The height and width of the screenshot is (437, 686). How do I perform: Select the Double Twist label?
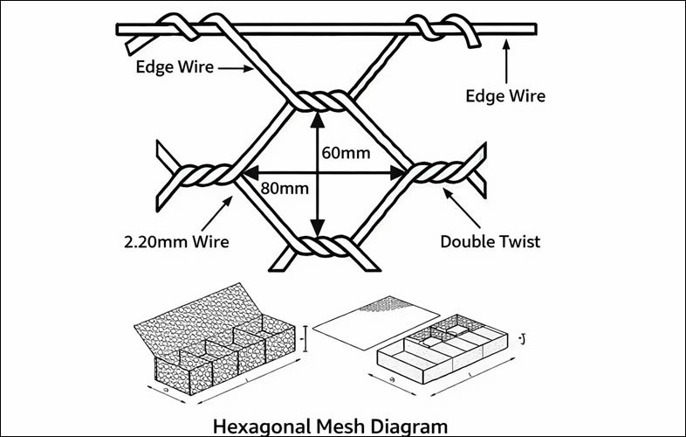pyautogui.click(x=490, y=241)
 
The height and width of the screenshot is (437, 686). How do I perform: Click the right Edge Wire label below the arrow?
pyautogui.click(x=507, y=94)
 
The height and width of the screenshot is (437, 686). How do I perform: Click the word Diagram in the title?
pyautogui.click(x=408, y=427)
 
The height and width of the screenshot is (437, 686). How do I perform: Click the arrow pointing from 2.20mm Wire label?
pyautogui.click(x=220, y=212)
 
